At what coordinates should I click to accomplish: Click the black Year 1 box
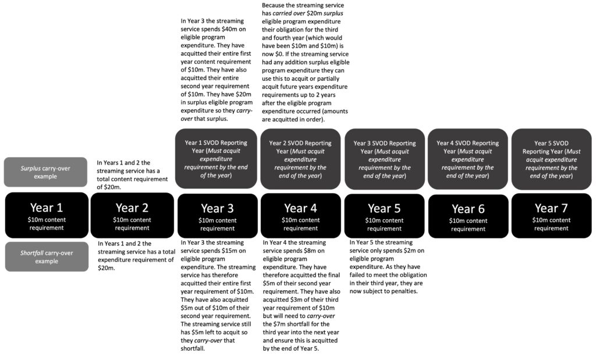pos(47,215)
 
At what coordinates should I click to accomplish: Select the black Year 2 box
pos(132,215)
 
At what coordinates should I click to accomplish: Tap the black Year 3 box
pos(217,215)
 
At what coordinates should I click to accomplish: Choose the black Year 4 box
pos(300,215)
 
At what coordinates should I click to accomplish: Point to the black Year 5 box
pos(384,215)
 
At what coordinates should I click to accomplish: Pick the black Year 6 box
pos(468,215)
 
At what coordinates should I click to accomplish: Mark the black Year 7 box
pos(551,215)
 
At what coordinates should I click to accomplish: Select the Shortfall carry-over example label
pos(46,256)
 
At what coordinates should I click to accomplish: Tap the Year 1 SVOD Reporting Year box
pos(216,158)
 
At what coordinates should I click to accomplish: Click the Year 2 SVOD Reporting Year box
pos(300,158)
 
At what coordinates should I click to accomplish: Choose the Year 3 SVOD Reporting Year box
pos(384,158)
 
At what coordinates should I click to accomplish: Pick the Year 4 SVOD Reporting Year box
pos(468,158)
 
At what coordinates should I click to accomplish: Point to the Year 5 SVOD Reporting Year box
pos(551,158)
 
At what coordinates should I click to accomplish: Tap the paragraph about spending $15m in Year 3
pos(218,295)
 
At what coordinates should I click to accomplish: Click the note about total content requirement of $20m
pos(132,174)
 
